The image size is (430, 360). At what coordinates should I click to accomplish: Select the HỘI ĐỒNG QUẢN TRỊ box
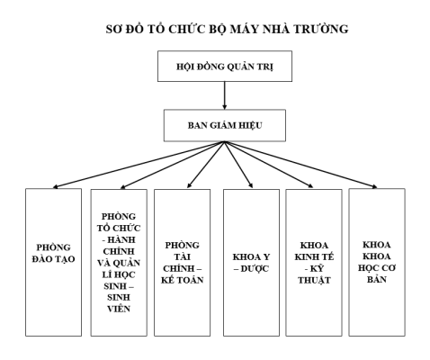coord(225,67)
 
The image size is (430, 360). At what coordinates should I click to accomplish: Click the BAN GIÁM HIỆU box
coord(225,125)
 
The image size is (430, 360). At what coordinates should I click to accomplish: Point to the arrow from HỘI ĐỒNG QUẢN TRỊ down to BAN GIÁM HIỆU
coord(225,95)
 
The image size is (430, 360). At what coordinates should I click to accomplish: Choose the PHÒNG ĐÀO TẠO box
coord(53,262)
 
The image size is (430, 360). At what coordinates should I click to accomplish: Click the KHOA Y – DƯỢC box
coord(251,263)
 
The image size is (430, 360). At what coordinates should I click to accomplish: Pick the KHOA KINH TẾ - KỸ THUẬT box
coord(314,263)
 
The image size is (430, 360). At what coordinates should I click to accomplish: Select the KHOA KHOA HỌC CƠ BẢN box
coord(377,262)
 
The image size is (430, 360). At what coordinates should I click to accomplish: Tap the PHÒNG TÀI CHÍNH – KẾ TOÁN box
coord(182,263)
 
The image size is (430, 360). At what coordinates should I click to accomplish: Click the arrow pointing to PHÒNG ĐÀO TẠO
coord(139,165)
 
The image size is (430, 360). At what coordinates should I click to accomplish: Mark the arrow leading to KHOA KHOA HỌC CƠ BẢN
coord(300,165)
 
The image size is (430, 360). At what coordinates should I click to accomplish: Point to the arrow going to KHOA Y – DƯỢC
coord(238,165)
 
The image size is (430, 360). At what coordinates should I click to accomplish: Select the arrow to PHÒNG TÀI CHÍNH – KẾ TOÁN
coord(206,165)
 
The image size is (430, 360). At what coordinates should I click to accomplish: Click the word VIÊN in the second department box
coord(119,309)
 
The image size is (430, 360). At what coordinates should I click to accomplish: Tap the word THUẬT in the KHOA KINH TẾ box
coord(314,280)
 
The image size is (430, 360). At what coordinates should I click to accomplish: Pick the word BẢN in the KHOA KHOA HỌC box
coord(377,279)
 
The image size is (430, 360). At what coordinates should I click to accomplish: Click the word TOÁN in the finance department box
coord(191,280)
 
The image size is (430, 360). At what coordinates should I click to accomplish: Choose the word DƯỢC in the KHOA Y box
coord(255,268)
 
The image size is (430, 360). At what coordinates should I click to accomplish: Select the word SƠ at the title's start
coord(113,29)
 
